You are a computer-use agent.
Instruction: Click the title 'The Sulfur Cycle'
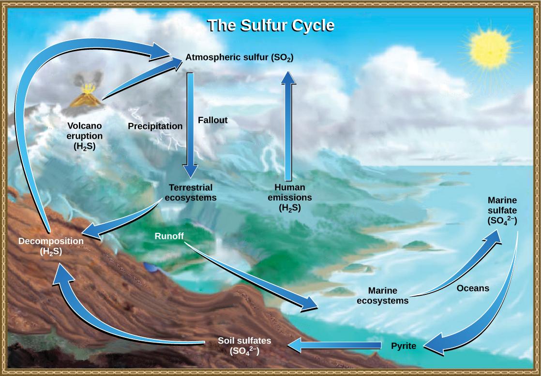[x=270, y=25]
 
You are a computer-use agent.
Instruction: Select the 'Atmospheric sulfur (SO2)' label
[x=240, y=58]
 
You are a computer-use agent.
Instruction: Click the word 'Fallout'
[x=212, y=120]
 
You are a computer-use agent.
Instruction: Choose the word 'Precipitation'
[x=155, y=126]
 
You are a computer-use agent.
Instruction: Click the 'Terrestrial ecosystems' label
[x=191, y=192]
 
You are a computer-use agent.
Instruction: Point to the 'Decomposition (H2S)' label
[x=51, y=246]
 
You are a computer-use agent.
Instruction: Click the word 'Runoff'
[x=170, y=236]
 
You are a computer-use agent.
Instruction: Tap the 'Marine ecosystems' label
[x=382, y=295]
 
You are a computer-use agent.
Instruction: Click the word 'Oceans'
[x=473, y=288]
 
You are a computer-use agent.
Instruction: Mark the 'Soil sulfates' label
[x=244, y=346]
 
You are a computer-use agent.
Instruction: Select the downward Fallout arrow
[x=191, y=126]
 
